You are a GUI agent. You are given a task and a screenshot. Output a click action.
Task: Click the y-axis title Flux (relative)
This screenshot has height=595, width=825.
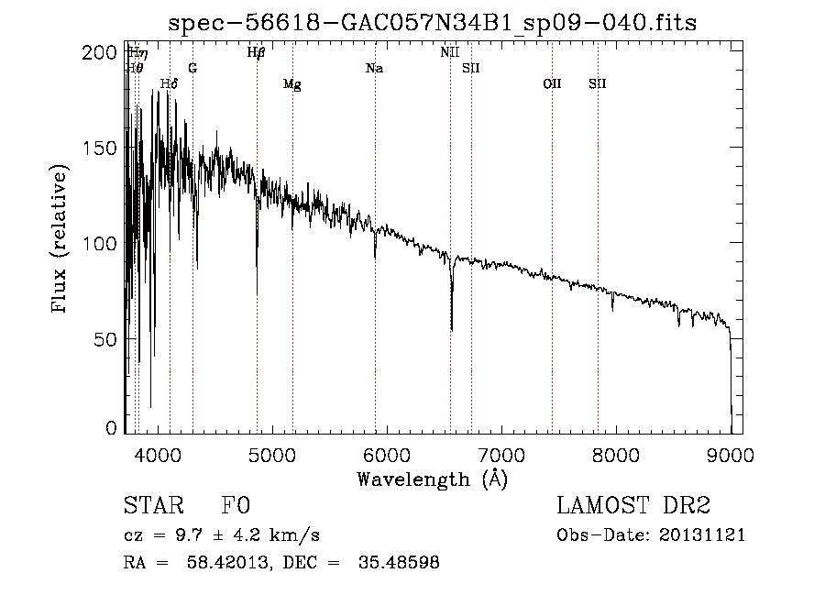point(60,241)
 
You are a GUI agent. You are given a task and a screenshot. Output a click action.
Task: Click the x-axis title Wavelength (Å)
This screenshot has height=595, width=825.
point(432,479)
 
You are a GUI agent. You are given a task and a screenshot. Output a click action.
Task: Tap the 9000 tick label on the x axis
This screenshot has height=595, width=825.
point(731,454)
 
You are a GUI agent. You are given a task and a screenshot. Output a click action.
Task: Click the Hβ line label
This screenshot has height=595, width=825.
point(257,53)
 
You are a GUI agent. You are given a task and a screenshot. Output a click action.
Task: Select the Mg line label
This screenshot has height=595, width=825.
point(291,84)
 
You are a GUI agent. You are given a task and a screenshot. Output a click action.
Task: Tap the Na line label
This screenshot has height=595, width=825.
point(374,69)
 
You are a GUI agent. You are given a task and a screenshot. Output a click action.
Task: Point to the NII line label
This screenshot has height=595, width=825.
point(449,53)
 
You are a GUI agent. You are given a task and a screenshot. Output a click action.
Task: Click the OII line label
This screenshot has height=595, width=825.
point(552,84)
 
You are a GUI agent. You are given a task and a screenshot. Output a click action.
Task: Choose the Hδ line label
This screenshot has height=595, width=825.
point(169,84)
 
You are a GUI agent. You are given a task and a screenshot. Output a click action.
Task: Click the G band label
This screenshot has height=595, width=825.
point(192,69)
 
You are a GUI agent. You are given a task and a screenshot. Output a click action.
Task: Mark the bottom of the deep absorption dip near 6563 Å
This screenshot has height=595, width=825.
point(451,329)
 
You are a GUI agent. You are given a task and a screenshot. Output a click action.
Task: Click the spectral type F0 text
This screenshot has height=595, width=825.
point(236,506)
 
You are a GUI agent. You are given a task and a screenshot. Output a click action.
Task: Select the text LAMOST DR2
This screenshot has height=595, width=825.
point(633,506)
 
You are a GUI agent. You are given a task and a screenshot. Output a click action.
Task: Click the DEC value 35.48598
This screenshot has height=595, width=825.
point(400,563)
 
